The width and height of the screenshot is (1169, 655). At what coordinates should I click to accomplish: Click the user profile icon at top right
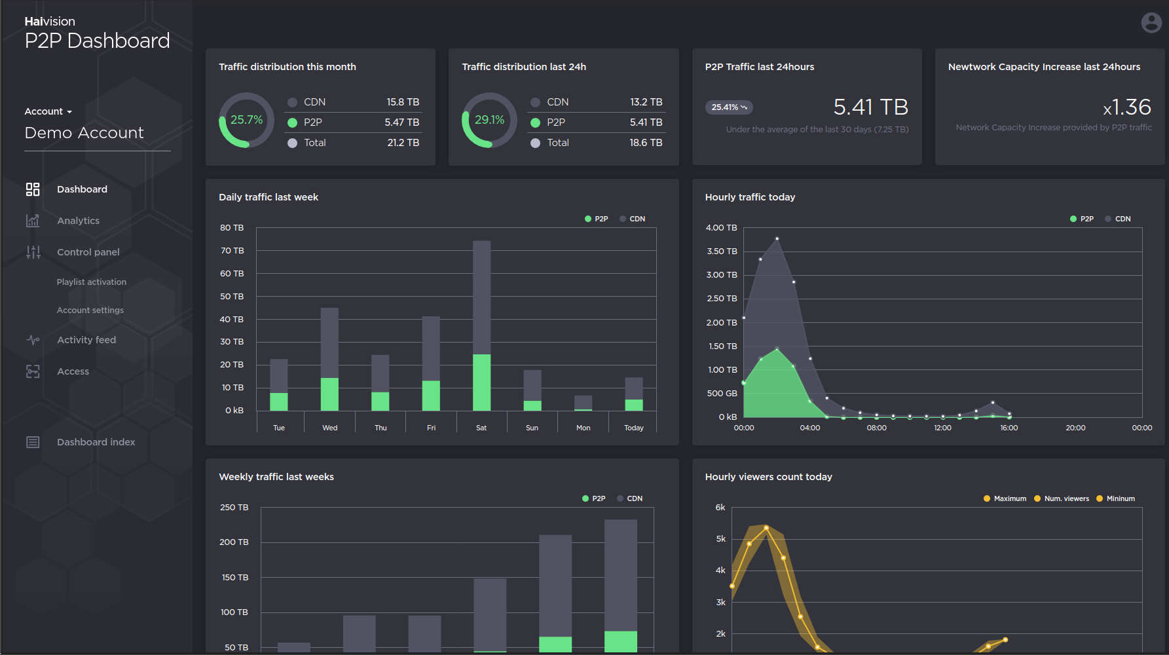(1151, 23)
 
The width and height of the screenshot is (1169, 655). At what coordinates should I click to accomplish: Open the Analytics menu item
(78, 221)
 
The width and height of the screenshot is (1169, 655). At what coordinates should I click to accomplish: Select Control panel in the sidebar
(88, 252)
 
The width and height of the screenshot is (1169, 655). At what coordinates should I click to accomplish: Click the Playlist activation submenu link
(91, 282)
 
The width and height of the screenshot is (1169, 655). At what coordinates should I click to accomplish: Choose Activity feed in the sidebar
(86, 340)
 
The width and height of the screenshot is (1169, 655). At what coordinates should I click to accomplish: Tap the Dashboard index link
(96, 442)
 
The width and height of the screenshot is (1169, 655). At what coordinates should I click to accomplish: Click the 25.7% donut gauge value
(246, 120)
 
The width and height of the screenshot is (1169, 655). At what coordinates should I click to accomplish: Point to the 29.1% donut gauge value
(489, 120)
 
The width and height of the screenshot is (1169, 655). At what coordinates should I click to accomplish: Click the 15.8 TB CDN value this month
(402, 102)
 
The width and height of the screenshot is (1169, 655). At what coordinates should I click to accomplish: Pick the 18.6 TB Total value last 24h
(645, 143)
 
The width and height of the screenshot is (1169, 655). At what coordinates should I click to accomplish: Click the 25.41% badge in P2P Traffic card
(728, 107)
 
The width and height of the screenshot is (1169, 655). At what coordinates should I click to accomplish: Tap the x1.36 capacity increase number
(1126, 107)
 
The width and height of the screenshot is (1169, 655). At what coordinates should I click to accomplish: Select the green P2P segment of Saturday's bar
(481, 383)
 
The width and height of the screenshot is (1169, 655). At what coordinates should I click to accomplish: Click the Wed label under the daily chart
(329, 428)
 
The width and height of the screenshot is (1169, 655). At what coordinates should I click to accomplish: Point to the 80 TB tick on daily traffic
(232, 228)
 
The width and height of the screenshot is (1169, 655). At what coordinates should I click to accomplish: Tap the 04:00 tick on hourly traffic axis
(810, 428)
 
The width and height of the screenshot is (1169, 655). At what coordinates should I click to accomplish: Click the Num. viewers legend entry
(1062, 498)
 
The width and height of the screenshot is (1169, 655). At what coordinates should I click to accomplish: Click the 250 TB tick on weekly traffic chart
(234, 508)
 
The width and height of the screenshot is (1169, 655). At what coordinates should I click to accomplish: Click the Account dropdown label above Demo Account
(48, 111)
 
